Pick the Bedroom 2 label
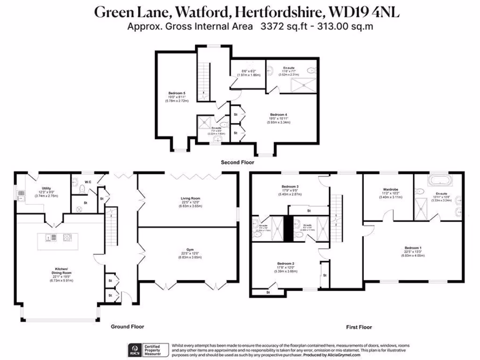coord(285,263)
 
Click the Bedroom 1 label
coord(413,247)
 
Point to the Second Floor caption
coord(238,162)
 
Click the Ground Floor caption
coord(127,326)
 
